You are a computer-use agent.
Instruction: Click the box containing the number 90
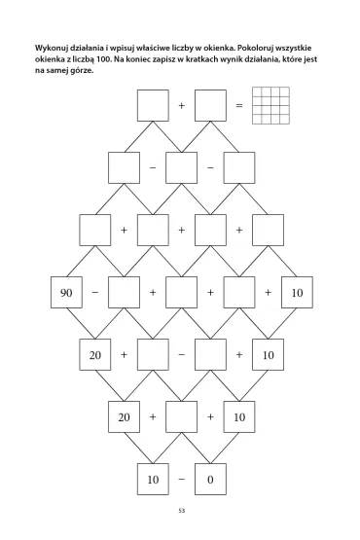tap(66, 293)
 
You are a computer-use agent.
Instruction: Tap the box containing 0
tap(210, 480)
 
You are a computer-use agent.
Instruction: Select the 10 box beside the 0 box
tap(153, 480)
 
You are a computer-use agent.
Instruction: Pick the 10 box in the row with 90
tap(297, 293)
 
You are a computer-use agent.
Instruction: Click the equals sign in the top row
tap(239, 105)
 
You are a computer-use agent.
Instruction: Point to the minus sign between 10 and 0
tap(182, 480)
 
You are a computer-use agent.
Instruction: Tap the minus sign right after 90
tap(95, 293)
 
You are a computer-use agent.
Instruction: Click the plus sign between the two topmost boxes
tap(182, 105)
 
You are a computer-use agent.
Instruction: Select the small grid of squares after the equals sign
tap(270, 105)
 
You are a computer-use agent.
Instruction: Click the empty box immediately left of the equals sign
tap(210, 105)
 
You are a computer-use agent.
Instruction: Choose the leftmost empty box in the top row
tap(153, 105)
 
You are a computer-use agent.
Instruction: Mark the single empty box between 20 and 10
tap(182, 417)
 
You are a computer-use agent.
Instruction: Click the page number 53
tap(182, 511)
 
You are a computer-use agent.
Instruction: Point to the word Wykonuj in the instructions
tap(51, 49)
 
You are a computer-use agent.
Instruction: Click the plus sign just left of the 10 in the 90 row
tap(268, 293)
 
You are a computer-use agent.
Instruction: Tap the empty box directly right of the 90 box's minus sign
tap(124, 293)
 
